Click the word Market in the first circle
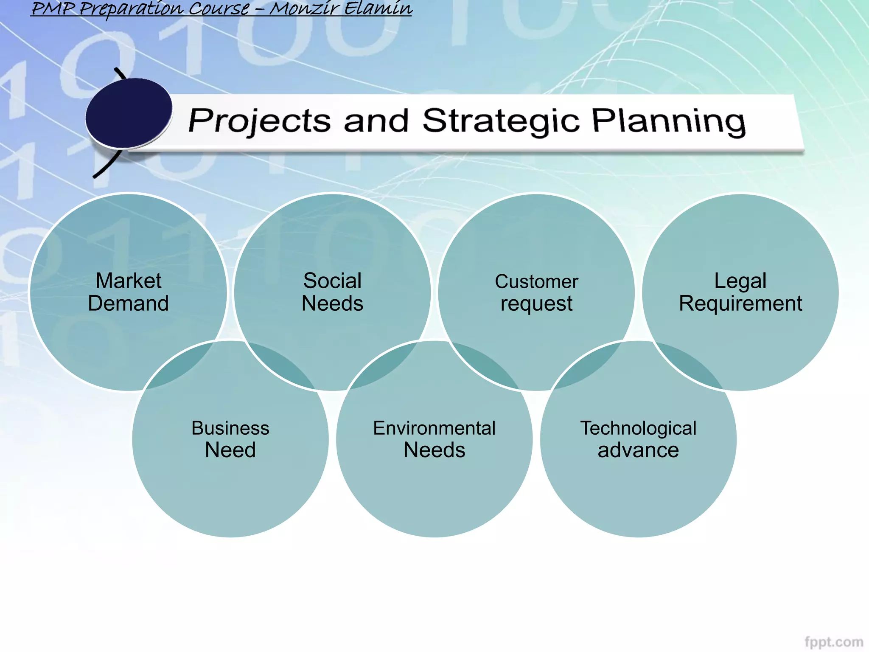128,281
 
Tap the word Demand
128,304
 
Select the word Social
332,281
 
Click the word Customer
536,282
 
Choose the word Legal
740,281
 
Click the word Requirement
740,304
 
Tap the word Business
230,428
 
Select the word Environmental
434,428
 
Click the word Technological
638,428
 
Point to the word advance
638,450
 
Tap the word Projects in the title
259,121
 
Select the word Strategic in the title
501,121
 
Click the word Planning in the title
668,121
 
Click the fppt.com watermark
833,642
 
